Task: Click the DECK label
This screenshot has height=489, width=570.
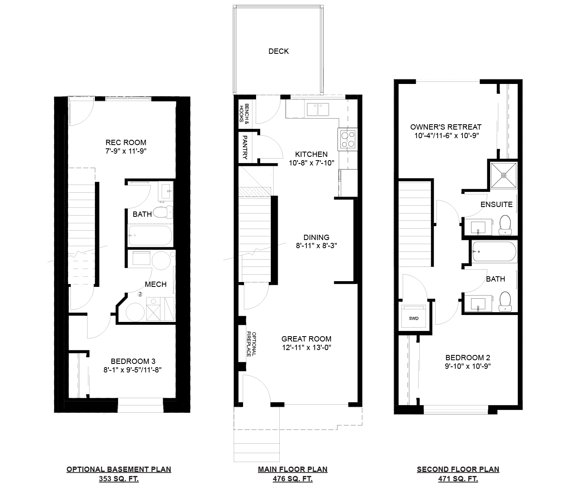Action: click(278, 51)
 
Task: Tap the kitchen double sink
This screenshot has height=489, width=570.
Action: click(318, 110)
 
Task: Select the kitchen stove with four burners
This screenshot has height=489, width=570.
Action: click(348, 139)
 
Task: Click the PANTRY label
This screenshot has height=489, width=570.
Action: click(245, 147)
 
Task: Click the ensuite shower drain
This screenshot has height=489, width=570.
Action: click(504, 175)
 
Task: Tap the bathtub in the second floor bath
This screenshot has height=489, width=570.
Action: click(494, 251)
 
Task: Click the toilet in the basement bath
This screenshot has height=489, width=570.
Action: click(163, 212)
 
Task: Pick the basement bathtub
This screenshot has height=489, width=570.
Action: click(150, 236)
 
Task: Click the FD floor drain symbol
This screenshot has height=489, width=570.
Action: click(140, 295)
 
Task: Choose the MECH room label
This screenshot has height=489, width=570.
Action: click(156, 284)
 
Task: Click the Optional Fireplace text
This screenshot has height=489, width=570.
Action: click(251, 344)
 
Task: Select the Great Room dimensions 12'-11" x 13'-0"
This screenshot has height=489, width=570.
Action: click(306, 348)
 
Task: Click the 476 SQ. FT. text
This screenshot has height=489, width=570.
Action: click(293, 479)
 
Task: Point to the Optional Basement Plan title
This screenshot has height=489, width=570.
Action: click(119, 469)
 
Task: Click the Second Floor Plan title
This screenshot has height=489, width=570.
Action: click(458, 469)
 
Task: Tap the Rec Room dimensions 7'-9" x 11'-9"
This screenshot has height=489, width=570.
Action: click(126, 151)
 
